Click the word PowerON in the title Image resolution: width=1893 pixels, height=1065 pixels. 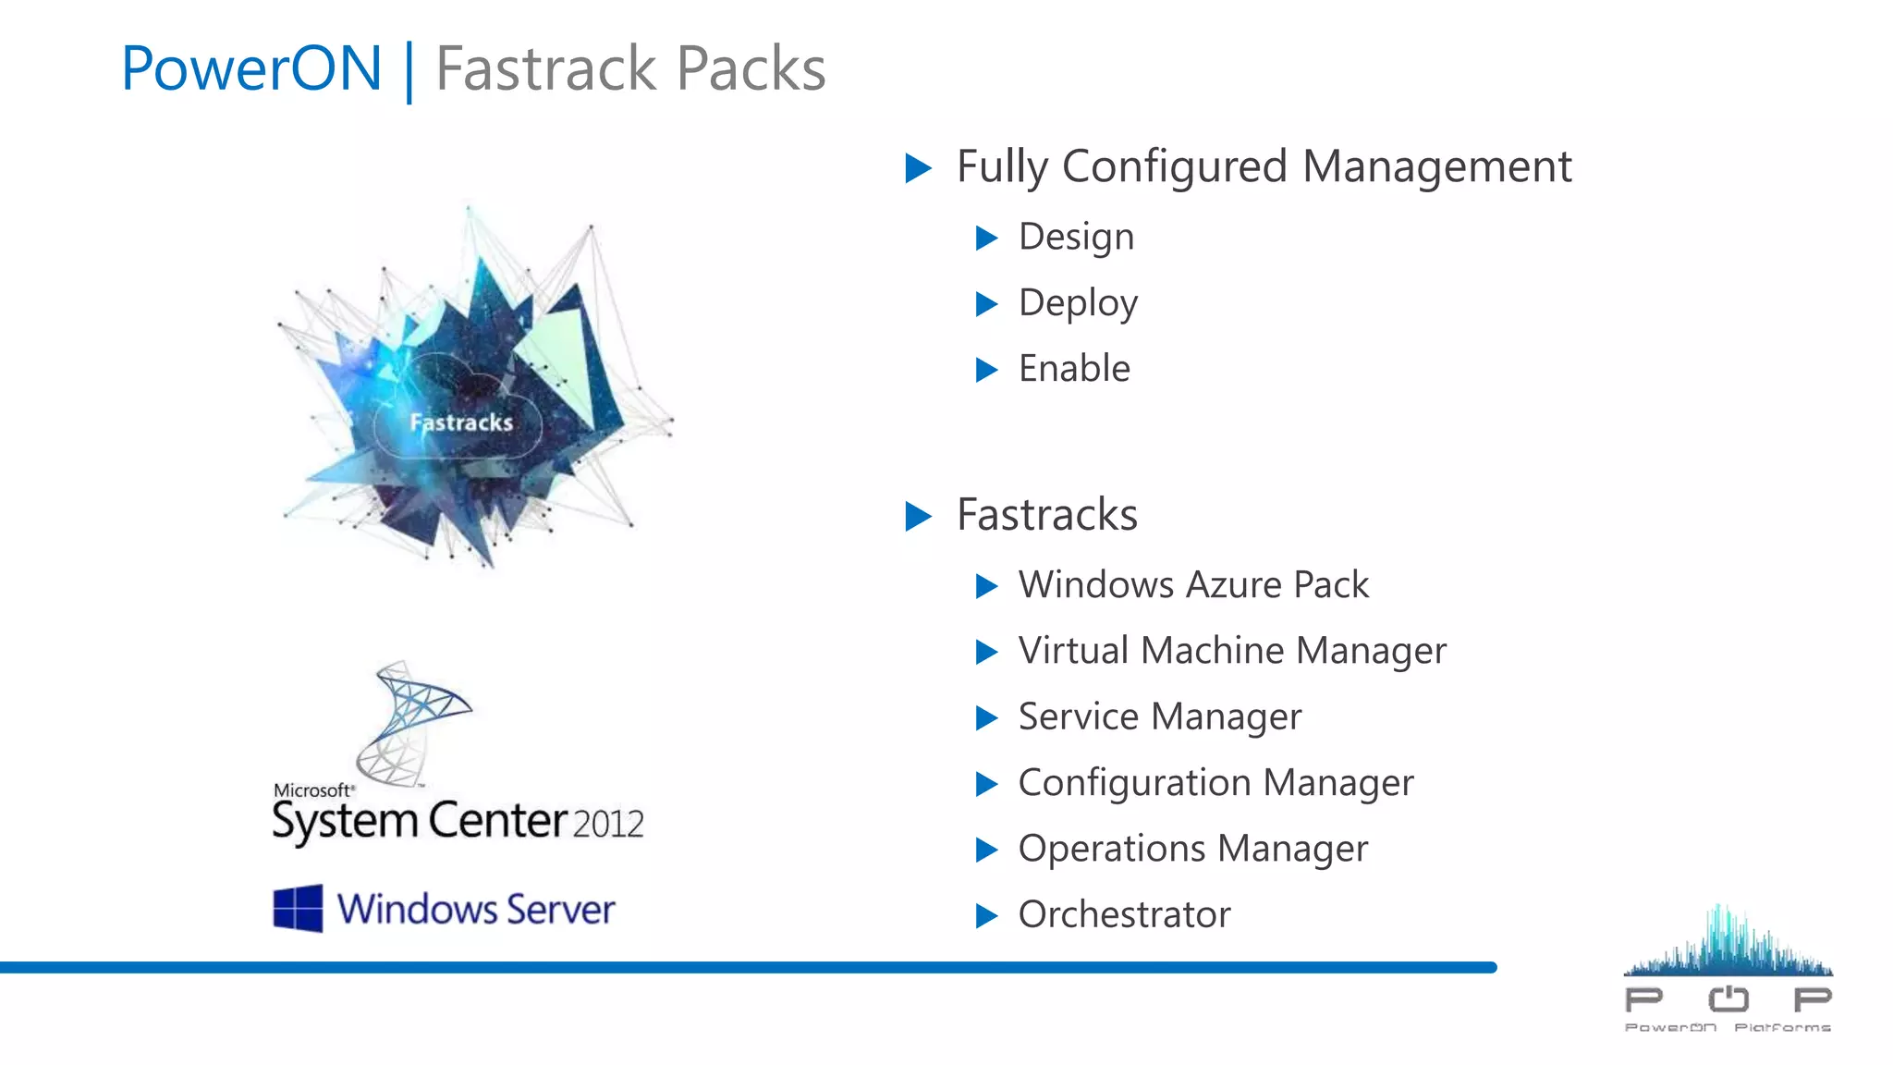coord(251,68)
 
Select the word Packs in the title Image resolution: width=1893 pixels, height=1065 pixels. coord(751,68)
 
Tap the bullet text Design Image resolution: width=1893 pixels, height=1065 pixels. coord(1076,238)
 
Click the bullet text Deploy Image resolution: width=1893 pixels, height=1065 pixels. coord(1078,303)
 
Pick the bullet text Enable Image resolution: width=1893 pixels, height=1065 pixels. coord(1074,369)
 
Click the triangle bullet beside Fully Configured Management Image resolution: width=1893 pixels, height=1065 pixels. coord(918,168)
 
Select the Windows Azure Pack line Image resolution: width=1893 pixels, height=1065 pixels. coord(1193,585)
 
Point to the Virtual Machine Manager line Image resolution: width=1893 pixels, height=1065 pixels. coord(1232,651)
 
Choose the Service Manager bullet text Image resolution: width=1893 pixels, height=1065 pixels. coord(1160,717)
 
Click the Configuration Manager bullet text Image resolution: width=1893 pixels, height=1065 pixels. coord(1215,783)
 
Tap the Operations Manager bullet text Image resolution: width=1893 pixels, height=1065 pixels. coord(1192,849)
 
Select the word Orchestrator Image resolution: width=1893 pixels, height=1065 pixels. coord(1124,915)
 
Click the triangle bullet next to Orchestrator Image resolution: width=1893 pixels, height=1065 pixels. coord(987,916)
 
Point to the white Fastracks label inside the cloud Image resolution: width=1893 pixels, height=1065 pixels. coord(461,423)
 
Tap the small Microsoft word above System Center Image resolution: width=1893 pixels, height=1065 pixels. coord(312,790)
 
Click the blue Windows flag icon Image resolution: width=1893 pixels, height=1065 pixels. coord(298,908)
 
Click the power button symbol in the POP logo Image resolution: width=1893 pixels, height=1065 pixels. coord(1728,998)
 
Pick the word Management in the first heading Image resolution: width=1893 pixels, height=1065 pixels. coord(1436,167)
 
